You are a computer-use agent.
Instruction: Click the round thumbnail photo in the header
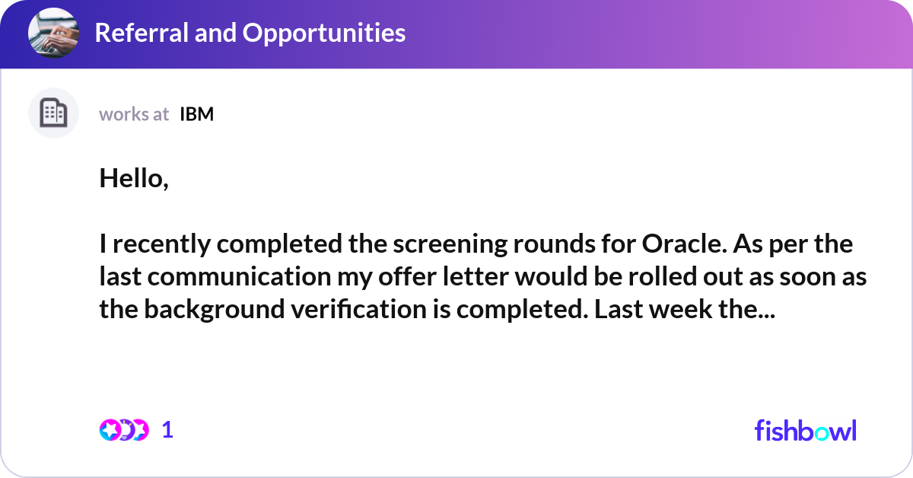(53, 33)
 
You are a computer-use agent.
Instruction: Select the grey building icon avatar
(53, 113)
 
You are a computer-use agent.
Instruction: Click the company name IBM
(196, 114)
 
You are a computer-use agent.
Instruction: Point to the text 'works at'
(134, 114)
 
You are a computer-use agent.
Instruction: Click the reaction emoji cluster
(124, 430)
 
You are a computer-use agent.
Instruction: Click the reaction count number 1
(168, 430)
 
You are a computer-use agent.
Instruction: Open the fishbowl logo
(805, 430)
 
